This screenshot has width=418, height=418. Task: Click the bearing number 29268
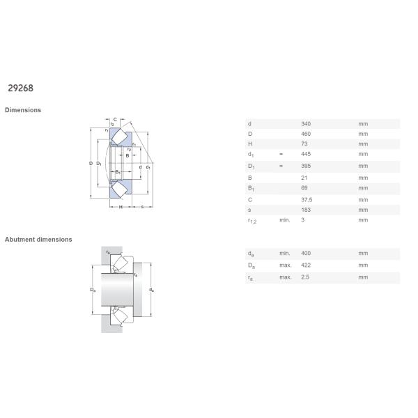[20, 88]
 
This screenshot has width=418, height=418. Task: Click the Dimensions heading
[23, 110]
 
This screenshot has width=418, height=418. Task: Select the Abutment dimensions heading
[38, 240]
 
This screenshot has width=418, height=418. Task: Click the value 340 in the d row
[306, 124]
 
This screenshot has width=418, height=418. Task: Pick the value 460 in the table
[306, 134]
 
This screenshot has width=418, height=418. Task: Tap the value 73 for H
[304, 144]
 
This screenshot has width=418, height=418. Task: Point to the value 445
[306, 154]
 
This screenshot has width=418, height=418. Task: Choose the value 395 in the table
[306, 166]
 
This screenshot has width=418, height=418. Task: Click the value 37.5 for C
[307, 200]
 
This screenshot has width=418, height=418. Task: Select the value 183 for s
[306, 210]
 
